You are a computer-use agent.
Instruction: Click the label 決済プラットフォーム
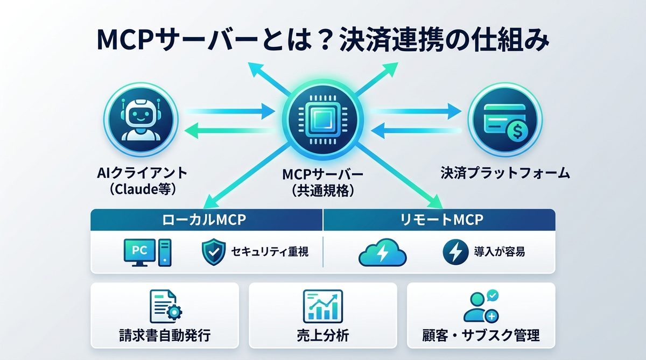pos(505,173)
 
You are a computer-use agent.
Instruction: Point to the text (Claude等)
pos(141,189)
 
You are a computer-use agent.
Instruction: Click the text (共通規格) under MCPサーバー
pos(322,191)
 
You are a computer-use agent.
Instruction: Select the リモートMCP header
pos(439,221)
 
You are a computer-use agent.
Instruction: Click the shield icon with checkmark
pos(213,251)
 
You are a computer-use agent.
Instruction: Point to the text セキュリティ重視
pos(270,251)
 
